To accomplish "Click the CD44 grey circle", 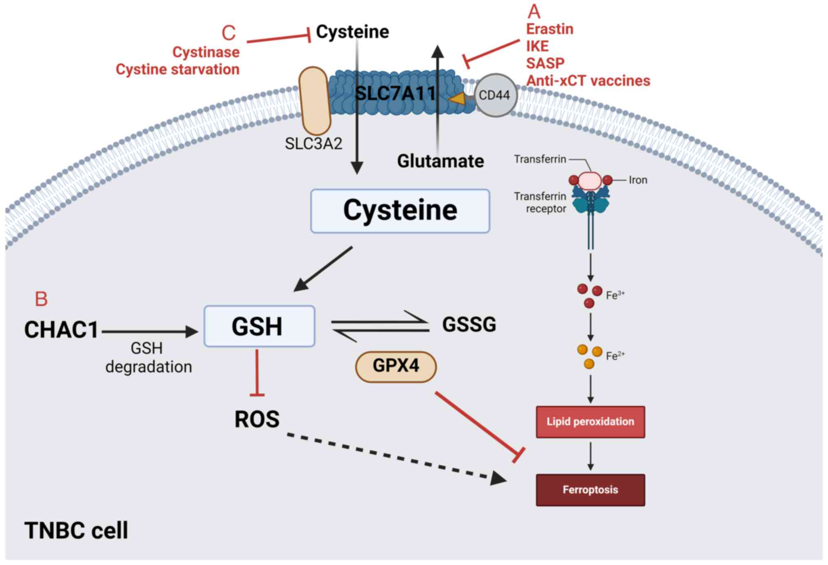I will pyautogui.click(x=495, y=95).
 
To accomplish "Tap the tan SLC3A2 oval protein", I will pyautogui.click(x=314, y=101).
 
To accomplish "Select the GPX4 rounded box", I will pyautogui.click(x=396, y=366).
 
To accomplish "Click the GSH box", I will pyautogui.click(x=259, y=326).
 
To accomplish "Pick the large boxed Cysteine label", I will pyautogui.click(x=400, y=211).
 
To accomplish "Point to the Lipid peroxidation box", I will pyautogui.click(x=590, y=422).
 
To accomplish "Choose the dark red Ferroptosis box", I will pyautogui.click(x=590, y=490).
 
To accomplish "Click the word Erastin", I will pyautogui.click(x=550, y=29).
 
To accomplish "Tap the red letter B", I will pyautogui.click(x=41, y=299).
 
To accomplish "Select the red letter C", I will pyautogui.click(x=229, y=33).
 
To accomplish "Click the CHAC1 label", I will pyautogui.click(x=61, y=330).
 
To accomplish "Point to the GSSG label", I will pyautogui.click(x=469, y=325).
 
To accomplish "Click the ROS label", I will pyautogui.click(x=257, y=419).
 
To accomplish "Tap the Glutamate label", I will pyautogui.click(x=440, y=161).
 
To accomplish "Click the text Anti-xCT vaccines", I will pyautogui.click(x=588, y=81).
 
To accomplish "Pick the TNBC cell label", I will pyautogui.click(x=76, y=530).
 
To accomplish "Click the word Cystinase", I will pyautogui.click(x=206, y=52).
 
